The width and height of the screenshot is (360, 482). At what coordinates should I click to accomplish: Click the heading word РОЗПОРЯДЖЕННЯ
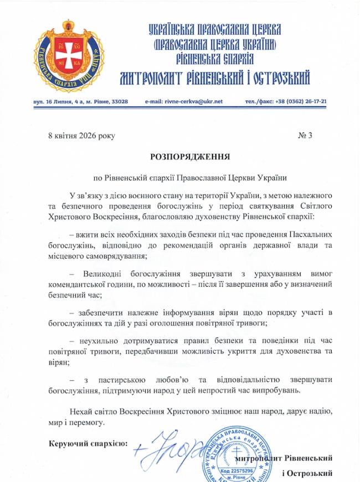point(181,157)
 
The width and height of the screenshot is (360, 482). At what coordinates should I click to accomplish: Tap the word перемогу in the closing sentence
point(88,422)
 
